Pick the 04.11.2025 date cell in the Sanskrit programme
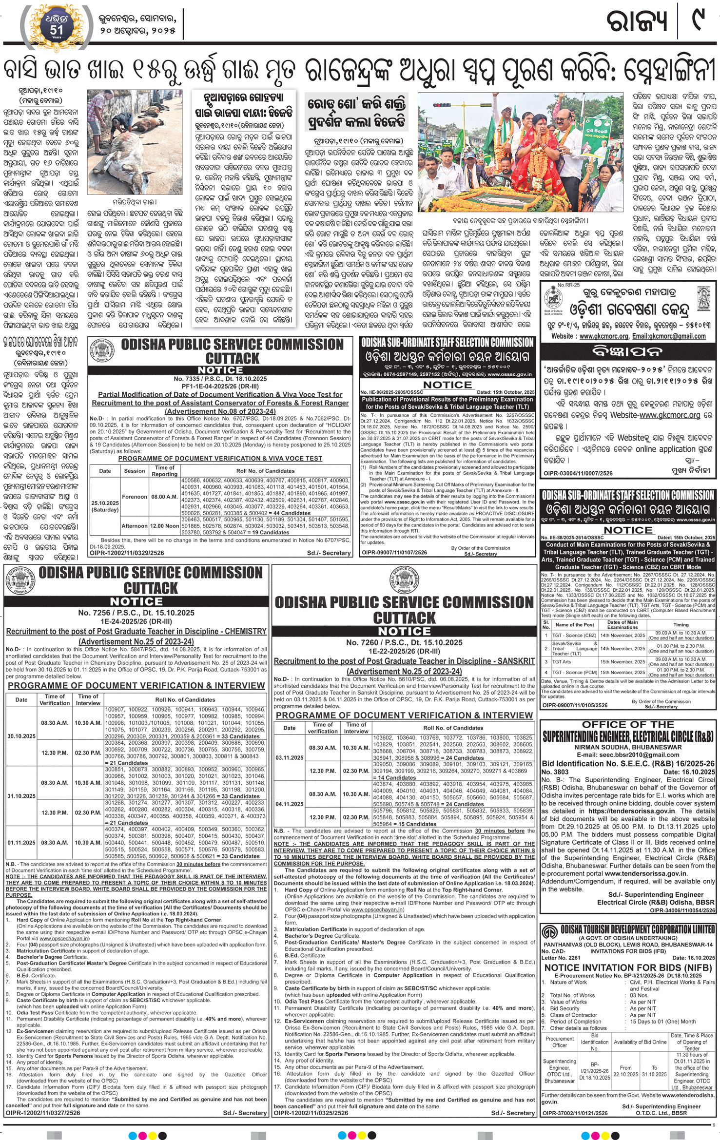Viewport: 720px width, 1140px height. click(x=289, y=804)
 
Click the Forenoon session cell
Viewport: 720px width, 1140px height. click(x=134, y=497)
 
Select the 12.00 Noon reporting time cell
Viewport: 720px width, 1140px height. click(x=164, y=526)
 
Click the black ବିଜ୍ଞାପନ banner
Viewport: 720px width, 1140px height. click(x=628, y=351)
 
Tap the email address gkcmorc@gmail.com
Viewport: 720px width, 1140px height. click(x=675, y=336)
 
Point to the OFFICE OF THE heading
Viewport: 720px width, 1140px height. click(x=628, y=725)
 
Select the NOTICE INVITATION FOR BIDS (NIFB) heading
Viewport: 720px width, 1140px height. click(x=628, y=967)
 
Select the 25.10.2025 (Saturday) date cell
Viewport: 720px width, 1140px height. click(x=105, y=506)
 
